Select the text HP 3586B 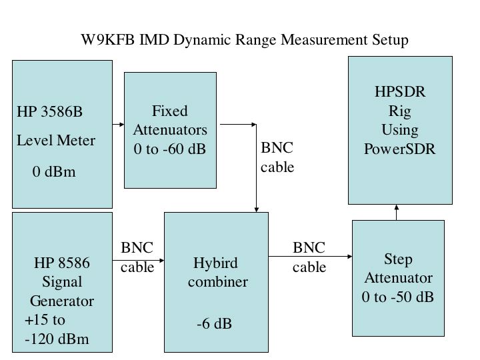[x=50, y=111]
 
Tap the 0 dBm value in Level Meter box [x=54, y=172]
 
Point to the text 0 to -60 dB [x=170, y=149]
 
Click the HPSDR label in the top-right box [x=400, y=92]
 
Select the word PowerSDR [x=400, y=148]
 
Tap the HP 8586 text [x=62, y=263]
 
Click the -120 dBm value [x=57, y=339]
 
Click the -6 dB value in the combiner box [x=214, y=325]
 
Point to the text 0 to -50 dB [x=398, y=297]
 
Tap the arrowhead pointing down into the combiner [x=257, y=208]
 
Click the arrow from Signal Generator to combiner [x=140, y=281]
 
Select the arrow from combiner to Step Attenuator [x=310, y=255]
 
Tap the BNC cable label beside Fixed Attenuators [x=277, y=157]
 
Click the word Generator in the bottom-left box [x=62, y=301]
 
